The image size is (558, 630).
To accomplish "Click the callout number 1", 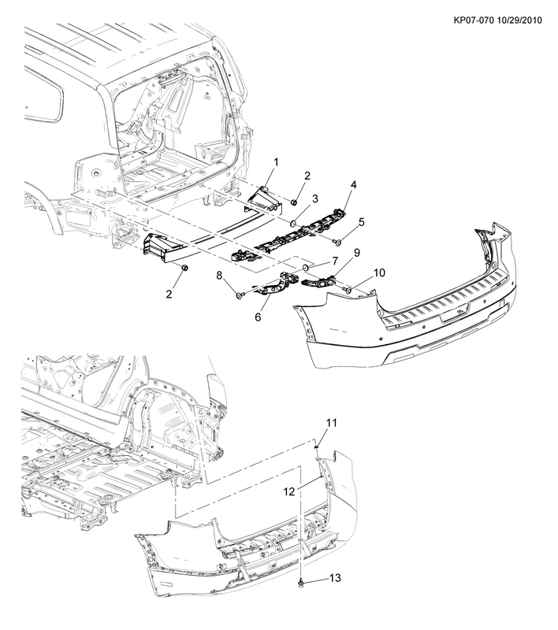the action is click(276, 162).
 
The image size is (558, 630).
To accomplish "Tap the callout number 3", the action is click(315, 198).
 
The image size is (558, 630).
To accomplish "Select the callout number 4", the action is click(353, 185).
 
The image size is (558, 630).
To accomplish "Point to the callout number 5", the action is click(362, 222).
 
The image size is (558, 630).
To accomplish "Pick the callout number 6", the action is click(258, 317).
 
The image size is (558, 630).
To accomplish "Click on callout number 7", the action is click(334, 261).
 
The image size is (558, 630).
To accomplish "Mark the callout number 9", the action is click(356, 252).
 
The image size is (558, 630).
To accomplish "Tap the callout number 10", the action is click(379, 272).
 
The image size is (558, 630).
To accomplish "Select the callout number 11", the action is click(332, 423).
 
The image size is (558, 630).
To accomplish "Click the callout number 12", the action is click(289, 491).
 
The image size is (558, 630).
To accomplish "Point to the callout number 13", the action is click(335, 578).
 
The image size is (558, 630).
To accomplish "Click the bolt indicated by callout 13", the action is click(300, 582).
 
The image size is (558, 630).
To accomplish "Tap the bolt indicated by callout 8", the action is click(240, 296).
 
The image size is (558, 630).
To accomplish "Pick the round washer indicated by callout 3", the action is click(294, 221).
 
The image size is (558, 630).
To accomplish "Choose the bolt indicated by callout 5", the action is click(337, 242).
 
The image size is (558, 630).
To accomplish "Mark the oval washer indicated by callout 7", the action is click(307, 267).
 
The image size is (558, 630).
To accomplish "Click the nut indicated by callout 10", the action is click(348, 290).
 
